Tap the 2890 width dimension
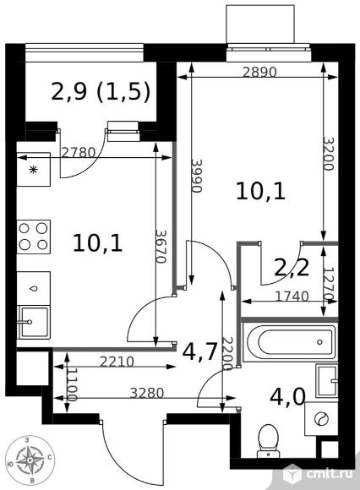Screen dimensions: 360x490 (260, 72)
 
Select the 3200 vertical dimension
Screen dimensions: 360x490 (329, 154)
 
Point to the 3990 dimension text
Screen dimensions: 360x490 (197, 176)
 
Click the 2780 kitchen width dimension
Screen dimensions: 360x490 (78, 153)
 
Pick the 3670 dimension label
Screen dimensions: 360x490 (161, 247)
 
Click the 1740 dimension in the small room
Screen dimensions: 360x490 (292, 296)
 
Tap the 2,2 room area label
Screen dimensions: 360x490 (292, 268)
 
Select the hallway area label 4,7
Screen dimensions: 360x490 (199, 352)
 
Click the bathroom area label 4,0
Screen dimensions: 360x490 (287, 397)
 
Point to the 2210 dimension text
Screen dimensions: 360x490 (117, 362)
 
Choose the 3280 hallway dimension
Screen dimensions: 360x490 (147, 393)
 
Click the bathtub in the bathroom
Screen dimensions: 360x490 (290, 342)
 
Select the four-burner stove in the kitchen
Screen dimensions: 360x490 (34, 237)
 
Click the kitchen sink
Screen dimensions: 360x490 (34, 322)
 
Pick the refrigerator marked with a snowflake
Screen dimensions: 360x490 (33, 170)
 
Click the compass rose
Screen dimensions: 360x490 (30, 460)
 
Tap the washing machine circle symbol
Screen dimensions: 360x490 (322, 419)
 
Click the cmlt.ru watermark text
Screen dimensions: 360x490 (330, 474)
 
